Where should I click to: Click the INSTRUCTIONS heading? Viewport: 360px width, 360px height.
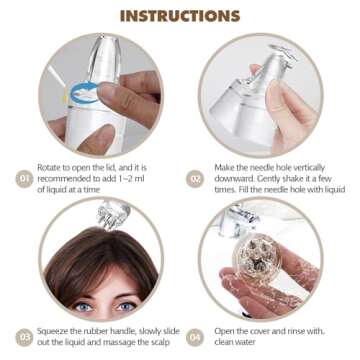coord(179,15)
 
